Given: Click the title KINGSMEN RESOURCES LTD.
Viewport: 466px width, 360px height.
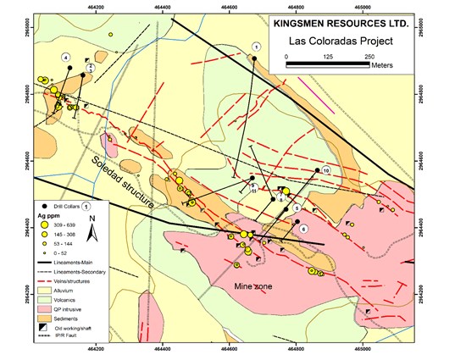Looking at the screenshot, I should [x=349, y=25].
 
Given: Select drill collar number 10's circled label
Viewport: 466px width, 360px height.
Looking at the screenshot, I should [x=325, y=171].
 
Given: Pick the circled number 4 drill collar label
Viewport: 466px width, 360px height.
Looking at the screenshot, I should [x=65, y=57].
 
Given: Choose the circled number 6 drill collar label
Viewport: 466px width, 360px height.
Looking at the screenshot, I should [x=302, y=230].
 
